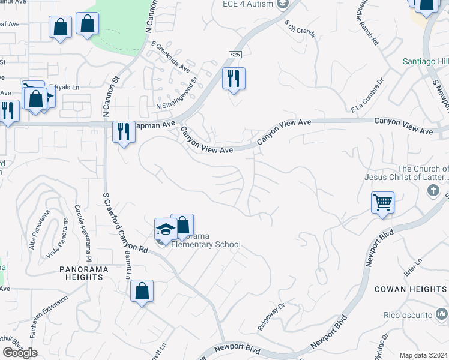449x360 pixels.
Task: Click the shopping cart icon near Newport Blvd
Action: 382,202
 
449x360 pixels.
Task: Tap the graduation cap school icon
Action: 165,229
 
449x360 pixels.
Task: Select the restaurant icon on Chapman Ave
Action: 124,132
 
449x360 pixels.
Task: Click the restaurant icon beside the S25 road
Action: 234,79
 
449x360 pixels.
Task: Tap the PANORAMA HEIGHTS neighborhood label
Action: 84,273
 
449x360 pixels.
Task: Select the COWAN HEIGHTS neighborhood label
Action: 410,289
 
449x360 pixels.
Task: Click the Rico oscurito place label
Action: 408,315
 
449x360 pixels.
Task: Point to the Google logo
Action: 20,353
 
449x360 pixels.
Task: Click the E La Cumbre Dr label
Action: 367,95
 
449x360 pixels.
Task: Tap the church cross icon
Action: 433,190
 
